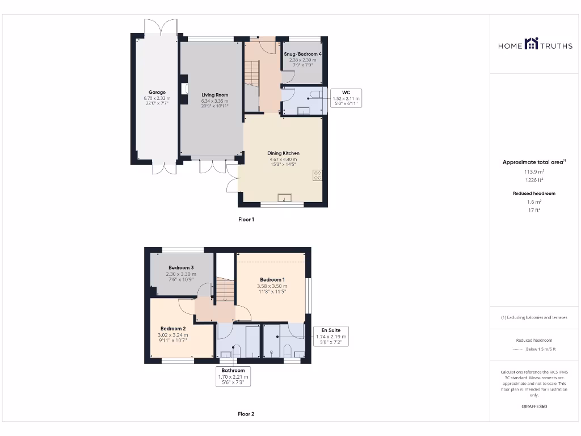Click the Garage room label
[x=157, y=92]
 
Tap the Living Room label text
[x=214, y=95]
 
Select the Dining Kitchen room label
[x=283, y=153]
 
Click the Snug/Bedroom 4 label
[x=302, y=54]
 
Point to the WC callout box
[x=346, y=98]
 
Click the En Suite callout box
[x=331, y=336]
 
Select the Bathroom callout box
[x=233, y=376]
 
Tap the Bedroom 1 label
[x=272, y=280]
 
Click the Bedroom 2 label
[x=173, y=329]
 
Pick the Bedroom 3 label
[x=181, y=268]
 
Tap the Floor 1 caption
[x=246, y=219]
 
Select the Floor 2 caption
[x=246, y=414]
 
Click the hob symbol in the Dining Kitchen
[x=317, y=175]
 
